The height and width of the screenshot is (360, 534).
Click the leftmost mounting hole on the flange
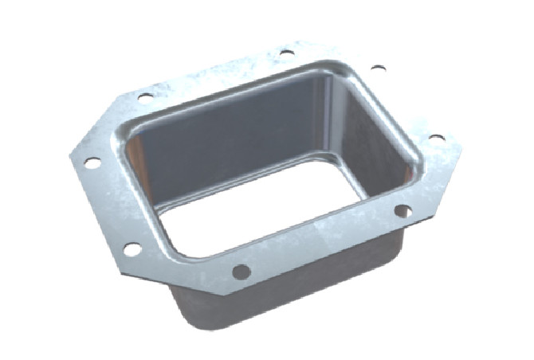click(x=92, y=162)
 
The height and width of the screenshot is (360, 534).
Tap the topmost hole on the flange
click(x=286, y=53)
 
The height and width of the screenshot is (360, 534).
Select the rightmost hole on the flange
click(x=437, y=138)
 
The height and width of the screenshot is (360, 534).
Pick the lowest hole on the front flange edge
click(x=241, y=272)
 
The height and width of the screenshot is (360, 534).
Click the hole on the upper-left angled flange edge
click(x=145, y=97)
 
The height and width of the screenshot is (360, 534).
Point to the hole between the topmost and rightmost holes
click(x=378, y=68)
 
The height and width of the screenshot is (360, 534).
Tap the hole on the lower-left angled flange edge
click(x=132, y=249)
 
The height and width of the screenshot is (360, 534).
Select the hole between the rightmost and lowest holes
click(x=403, y=211)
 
